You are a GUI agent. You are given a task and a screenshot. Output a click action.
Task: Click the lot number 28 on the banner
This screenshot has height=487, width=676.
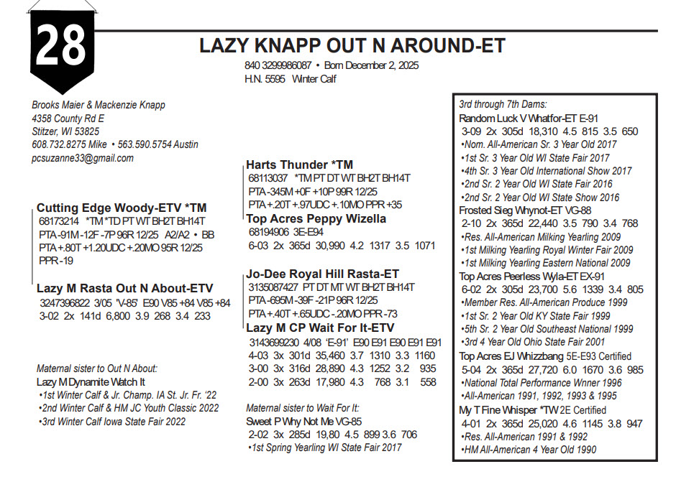click(61, 46)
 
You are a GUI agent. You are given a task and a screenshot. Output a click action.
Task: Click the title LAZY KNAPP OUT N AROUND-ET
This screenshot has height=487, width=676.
click(352, 47)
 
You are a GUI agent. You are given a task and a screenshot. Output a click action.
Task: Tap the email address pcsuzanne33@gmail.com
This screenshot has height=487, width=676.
click(83, 158)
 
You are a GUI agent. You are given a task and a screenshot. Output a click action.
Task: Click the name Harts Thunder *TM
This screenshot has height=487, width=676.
click(299, 164)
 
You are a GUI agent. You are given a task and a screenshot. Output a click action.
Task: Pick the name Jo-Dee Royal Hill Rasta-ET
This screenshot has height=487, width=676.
click(322, 274)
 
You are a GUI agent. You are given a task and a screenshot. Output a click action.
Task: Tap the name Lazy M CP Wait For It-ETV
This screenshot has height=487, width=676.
click(320, 328)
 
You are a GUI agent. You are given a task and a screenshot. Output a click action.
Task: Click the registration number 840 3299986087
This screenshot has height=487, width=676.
click(278, 65)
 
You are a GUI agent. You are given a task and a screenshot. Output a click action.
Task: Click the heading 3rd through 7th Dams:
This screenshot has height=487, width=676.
click(503, 104)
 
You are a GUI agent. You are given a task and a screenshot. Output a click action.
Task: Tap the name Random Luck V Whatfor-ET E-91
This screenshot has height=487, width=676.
click(529, 118)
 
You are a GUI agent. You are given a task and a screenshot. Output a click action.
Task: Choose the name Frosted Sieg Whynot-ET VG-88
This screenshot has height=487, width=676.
click(525, 210)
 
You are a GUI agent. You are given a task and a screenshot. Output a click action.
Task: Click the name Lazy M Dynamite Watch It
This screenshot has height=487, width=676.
click(91, 383)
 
